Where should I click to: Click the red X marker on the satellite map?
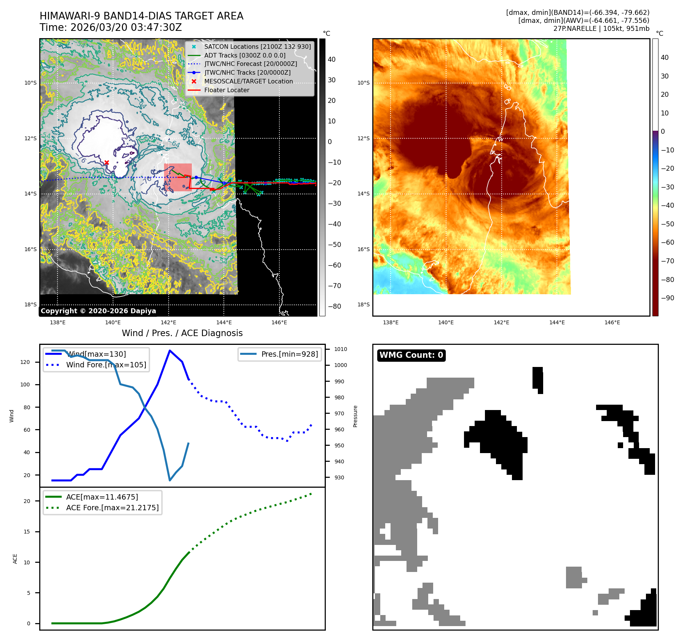107,163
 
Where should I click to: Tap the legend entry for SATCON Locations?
257,46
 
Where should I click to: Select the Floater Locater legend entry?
226,90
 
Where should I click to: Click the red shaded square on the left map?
178,177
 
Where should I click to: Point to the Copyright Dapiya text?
98,311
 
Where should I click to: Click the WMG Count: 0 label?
411,355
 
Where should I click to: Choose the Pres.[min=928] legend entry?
289,354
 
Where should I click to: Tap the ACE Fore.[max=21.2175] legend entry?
112,508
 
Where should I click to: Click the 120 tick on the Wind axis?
25,362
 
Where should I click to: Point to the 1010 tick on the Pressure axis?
340,349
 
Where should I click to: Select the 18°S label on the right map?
364,304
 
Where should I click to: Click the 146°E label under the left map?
279,322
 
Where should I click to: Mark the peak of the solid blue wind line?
169,351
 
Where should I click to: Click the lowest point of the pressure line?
170,480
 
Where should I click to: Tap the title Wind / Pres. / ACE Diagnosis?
182,333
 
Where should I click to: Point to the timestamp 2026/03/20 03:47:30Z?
126,28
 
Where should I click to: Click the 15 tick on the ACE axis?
27,532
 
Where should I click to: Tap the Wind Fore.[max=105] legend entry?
106,365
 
